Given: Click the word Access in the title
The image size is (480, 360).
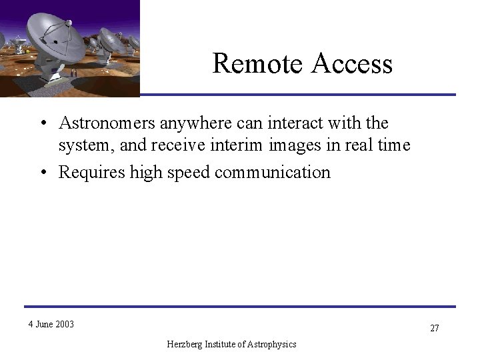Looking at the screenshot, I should click(350, 64).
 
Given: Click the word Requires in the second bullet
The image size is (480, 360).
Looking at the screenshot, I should click(87, 172).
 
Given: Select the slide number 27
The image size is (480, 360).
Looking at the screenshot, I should click(434, 329).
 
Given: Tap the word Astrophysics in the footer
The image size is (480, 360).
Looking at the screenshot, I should click(274, 344).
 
